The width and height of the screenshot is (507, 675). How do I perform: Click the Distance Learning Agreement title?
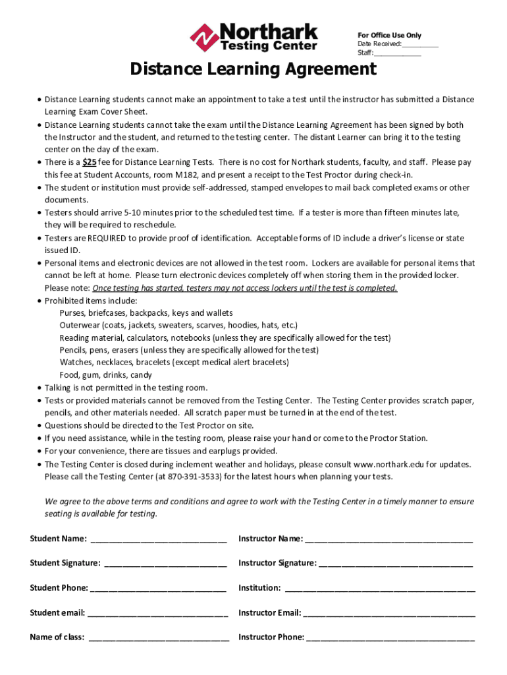click(253, 70)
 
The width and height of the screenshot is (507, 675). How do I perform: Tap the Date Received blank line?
click(419, 45)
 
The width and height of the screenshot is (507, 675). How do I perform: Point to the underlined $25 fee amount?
click(90, 162)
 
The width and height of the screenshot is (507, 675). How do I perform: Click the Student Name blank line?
click(158, 539)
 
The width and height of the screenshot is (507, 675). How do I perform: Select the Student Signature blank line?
click(165, 564)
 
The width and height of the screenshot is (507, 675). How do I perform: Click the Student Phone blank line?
click(159, 588)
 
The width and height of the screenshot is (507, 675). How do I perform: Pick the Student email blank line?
click(157, 613)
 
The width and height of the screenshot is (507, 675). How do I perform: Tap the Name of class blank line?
click(159, 637)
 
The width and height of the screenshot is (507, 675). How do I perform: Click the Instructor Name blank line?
click(388, 539)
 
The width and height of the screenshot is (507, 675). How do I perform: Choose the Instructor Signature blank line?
click(395, 564)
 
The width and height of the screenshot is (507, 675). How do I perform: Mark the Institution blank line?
click(379, 588)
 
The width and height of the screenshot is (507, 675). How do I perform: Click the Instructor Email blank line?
click(389, 613)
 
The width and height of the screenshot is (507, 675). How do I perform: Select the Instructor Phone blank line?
click(390, 637)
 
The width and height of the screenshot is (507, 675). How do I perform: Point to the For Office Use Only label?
click(389, 36)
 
